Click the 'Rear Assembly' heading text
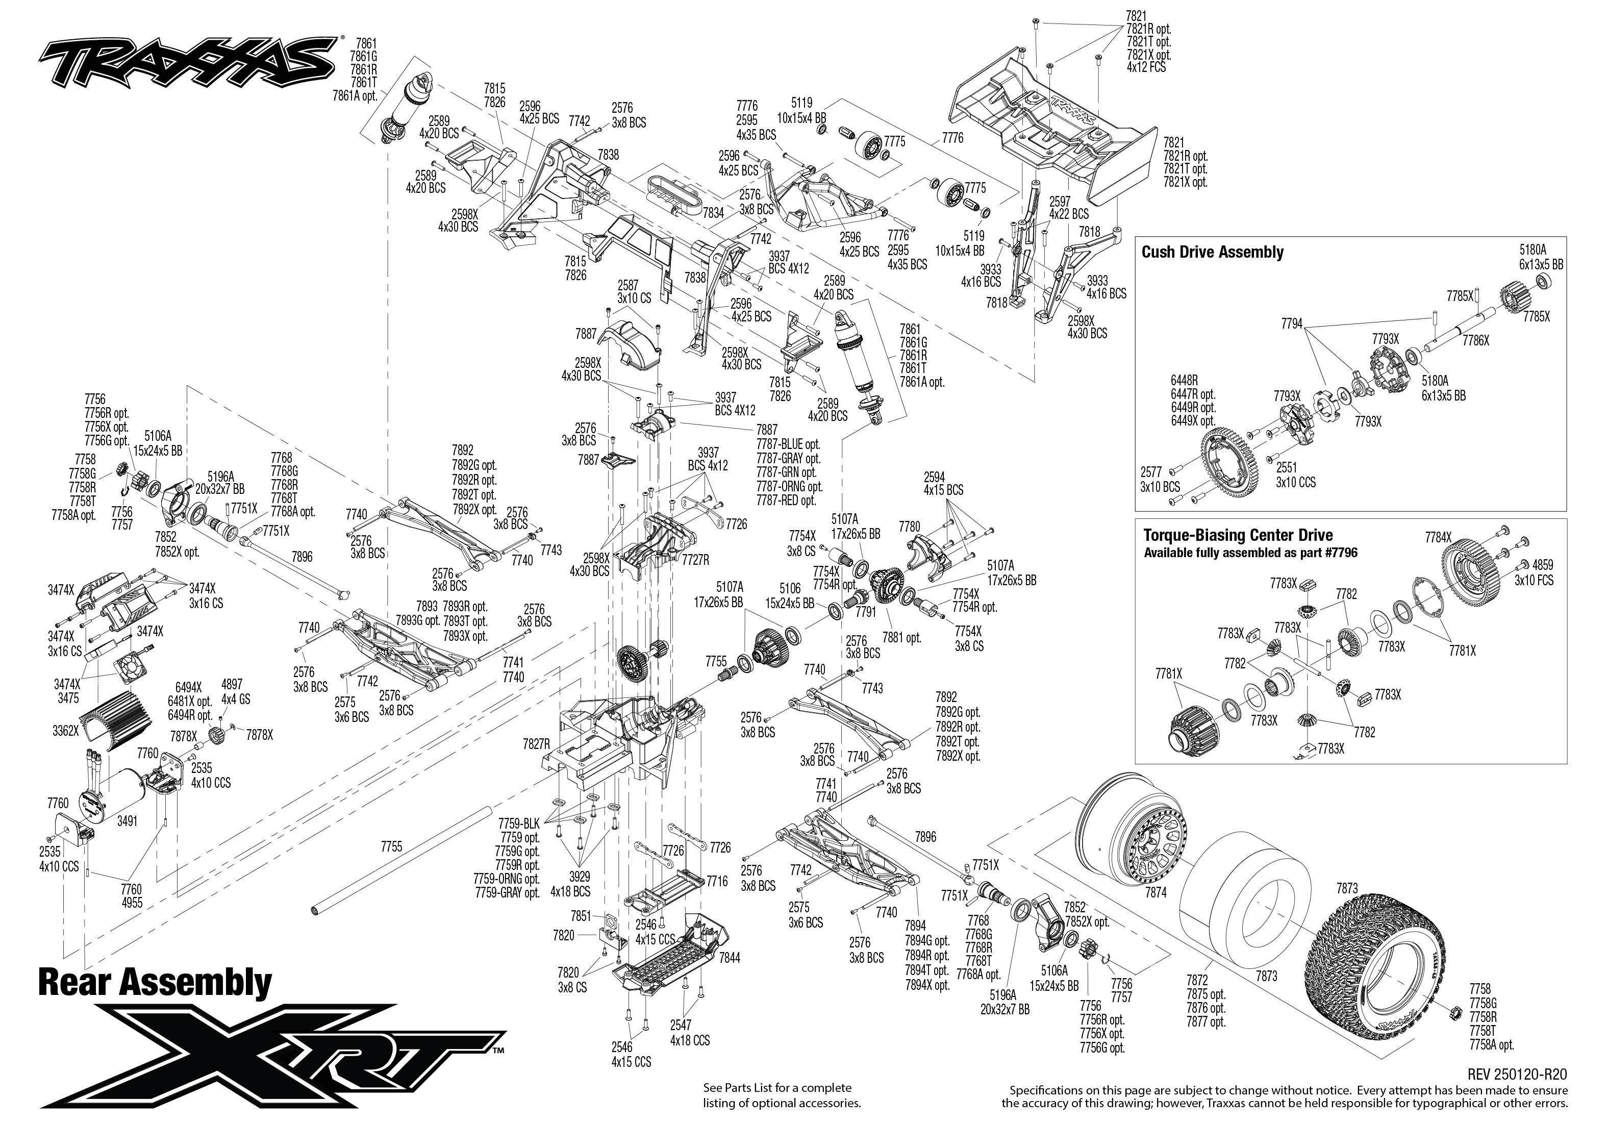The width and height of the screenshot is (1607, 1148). coord(154,983)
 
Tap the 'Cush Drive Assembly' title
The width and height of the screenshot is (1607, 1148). coord(1212,253)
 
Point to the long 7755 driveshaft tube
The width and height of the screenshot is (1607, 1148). coord(403,860)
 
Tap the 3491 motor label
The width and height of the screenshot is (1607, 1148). coord(127,821)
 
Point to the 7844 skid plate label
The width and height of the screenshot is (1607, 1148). coord(730,958)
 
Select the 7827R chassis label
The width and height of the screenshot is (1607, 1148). coord(536,744)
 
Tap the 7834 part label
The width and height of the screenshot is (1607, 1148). coord(713,212)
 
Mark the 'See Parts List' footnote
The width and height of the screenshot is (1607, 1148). coord(781,1095)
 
